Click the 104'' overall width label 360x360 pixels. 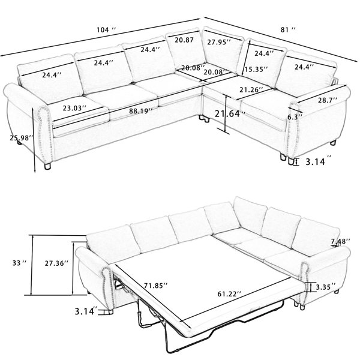106,30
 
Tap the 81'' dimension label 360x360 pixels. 288,29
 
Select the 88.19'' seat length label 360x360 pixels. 141,111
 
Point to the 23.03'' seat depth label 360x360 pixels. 74,108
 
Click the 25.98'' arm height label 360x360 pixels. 22,138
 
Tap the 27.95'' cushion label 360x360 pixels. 219,42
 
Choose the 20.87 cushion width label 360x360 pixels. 184,40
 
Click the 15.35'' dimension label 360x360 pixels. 256,69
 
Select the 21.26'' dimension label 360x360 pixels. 251,89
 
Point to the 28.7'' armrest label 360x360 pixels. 328,100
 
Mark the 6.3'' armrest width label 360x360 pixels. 295,117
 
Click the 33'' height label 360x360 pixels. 20,263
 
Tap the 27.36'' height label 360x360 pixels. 56,263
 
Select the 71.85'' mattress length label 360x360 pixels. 156,286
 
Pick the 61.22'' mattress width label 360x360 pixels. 229,294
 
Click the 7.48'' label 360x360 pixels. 340,241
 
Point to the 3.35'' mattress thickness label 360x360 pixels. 326,287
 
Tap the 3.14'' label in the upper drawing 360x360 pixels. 319,161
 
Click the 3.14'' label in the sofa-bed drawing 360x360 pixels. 86,311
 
